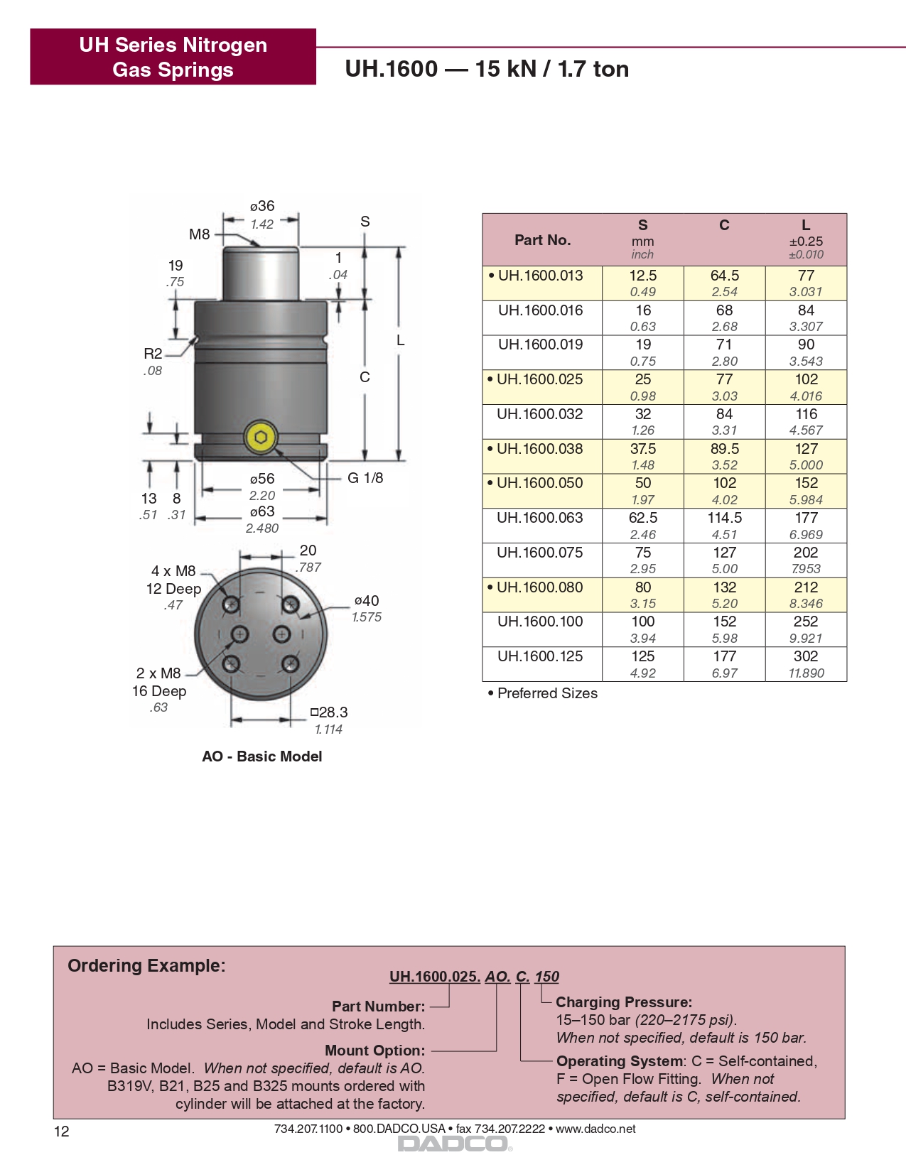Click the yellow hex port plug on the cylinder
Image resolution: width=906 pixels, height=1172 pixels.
coord(261,437)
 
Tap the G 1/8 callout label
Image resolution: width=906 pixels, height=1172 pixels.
coord(365,478)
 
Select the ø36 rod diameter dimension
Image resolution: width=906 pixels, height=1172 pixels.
coord(262,206)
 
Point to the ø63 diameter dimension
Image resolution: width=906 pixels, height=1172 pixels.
coord(262,511)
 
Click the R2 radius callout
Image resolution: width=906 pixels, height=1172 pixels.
coord(153,354)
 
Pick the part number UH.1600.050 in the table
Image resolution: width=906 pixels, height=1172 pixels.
coord(539,483)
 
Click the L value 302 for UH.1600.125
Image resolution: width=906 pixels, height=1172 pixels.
coord(806,656)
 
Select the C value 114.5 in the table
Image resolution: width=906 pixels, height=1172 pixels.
coord(724,518)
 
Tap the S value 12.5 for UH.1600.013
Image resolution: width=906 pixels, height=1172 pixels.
coord(642,276)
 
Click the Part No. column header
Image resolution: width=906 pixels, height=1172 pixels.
coord(542,240)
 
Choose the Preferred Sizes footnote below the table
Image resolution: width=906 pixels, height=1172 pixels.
coord(543,693)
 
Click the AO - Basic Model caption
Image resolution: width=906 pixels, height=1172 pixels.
coord(261,756)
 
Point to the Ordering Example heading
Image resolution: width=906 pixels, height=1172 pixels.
coord(146,966)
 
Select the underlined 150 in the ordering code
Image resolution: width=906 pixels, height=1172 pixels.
coord(546,977)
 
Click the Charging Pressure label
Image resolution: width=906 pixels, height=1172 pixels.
coord(623,1002)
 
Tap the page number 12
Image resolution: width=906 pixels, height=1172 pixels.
coord(62,1132)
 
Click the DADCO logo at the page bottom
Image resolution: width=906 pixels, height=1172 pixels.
coord(453,1144)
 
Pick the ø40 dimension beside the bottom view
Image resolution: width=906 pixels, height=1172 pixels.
coord(367,601)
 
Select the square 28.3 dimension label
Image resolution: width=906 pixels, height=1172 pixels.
coord(329,712)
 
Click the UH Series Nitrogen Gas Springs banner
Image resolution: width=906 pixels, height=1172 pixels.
coord(173,57)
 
